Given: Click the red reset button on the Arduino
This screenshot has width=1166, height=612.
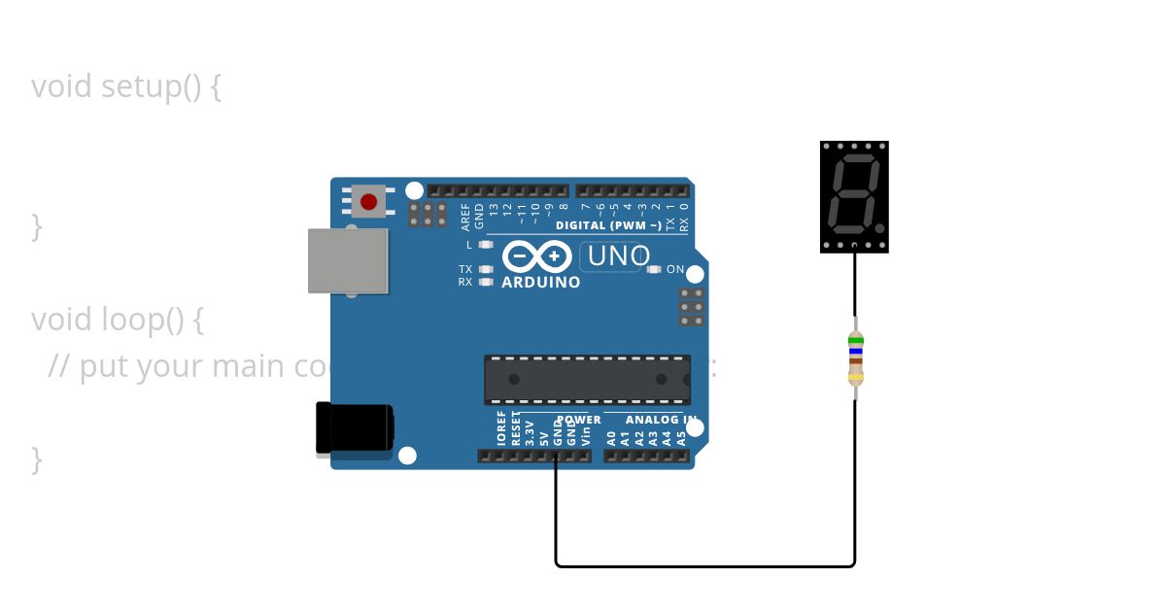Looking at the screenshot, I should tap(368, 202).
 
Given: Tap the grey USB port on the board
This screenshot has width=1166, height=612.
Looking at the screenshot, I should tap(348, 260).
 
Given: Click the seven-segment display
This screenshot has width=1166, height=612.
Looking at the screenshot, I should tap(854, 196).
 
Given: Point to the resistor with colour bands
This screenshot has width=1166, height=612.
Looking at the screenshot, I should tap(855, 357).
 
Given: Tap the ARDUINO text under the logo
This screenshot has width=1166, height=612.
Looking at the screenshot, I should tap(540, 283).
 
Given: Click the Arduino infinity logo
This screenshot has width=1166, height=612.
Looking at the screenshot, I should tap(536, 256).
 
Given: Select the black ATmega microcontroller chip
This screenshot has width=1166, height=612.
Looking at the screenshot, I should tap(587, 380).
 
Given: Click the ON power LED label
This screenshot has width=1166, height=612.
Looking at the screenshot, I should tap(675, 269).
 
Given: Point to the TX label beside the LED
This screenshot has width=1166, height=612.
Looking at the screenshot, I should tap(465, 269).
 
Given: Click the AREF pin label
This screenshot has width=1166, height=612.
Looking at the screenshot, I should tap(465, 215).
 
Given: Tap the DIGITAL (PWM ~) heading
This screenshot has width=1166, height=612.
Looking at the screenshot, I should tap(608, 225).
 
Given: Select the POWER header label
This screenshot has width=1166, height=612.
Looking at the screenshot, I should tap(579, 420).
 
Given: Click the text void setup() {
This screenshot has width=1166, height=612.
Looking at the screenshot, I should tap(126, 86).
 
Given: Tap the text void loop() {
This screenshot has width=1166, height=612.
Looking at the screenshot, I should tap(117, 319).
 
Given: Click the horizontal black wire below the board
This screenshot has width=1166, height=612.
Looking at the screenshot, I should tap(704, 565).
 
